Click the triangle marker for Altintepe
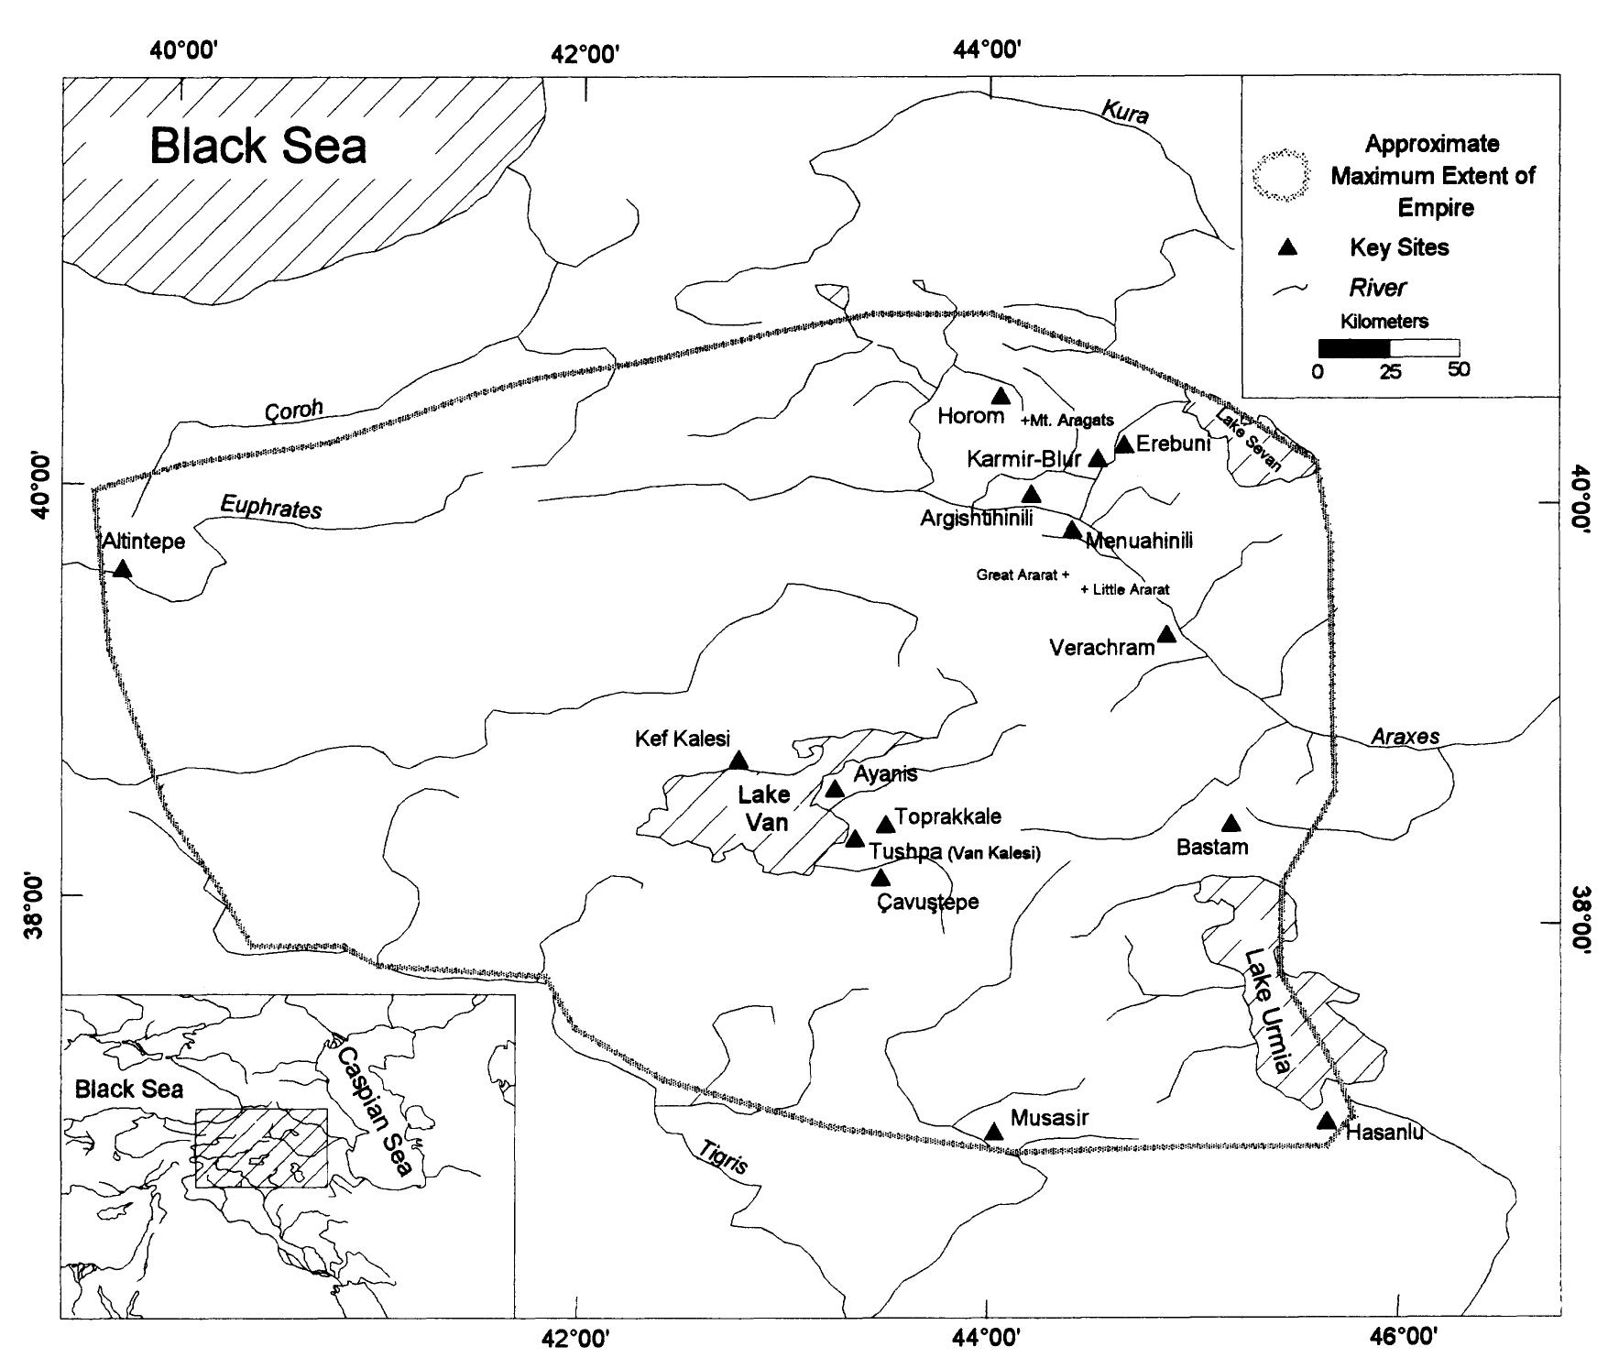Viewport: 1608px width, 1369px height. (123, 570)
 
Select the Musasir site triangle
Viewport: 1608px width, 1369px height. (993, 1133)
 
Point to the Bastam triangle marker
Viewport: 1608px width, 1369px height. (1231, 824)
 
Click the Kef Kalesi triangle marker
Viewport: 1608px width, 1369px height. (738, 761)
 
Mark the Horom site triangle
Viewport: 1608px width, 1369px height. (1001, 396)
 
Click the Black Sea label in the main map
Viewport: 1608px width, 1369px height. (257, 146)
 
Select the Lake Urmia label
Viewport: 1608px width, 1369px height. (1267, 1012)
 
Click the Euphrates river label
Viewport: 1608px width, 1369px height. (270, 507)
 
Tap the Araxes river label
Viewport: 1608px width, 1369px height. (1405, 737)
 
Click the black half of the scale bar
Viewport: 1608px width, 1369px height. (1353, 347)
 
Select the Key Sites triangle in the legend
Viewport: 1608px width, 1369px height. (1288, 246)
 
